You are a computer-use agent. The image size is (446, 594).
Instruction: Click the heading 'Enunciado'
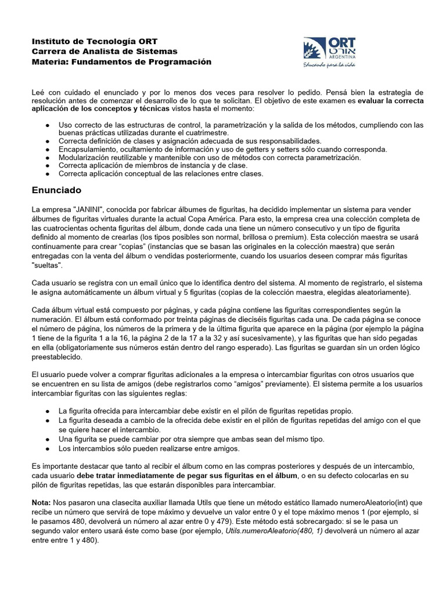57,190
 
